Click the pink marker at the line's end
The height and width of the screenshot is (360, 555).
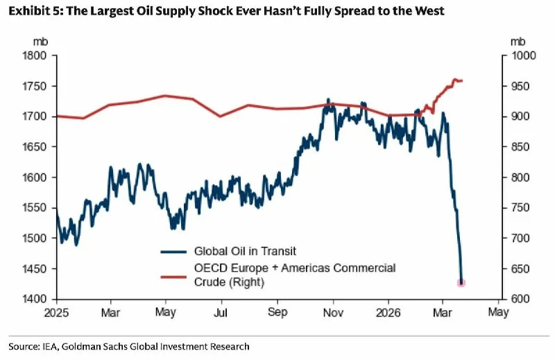[461, 282]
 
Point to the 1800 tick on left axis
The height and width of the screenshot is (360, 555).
[35, 55]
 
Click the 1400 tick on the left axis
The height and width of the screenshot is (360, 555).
[35, 300]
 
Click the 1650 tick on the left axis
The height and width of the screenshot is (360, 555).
[35, 147]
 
